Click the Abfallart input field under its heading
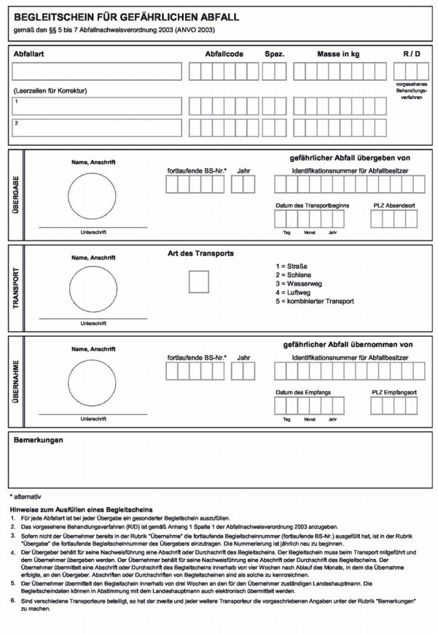point(97,71)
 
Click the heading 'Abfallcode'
point(224,54)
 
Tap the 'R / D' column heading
point(412,54)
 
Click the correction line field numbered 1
point(97,106)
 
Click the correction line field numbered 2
point(97,128)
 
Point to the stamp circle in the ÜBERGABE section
point(93,198)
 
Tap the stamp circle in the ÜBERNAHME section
point(93,381)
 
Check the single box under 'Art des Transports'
point(198,281)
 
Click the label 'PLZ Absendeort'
point(394,206)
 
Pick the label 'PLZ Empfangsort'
point(394,393)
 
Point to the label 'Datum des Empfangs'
point(303,393)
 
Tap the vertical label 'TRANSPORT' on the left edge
point(15,289)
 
